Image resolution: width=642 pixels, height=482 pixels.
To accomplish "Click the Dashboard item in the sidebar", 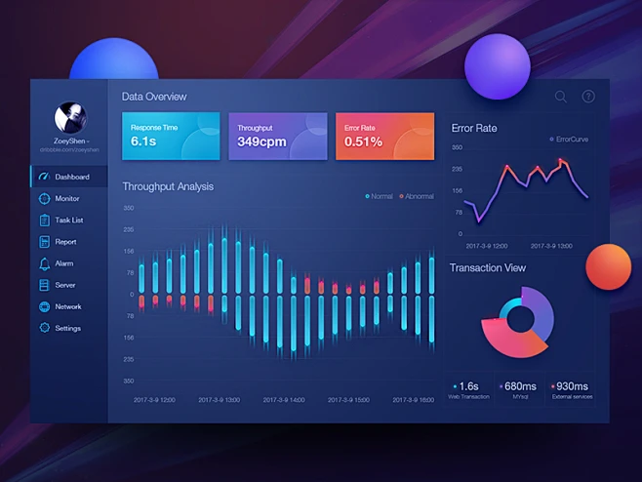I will tap(70, 177).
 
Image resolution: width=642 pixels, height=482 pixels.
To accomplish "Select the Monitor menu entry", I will tap(66, 198).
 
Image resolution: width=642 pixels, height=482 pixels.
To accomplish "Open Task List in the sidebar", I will tap(68, 221).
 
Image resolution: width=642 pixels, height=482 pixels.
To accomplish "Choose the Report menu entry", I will tap(64, 242).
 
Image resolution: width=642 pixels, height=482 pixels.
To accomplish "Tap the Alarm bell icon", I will tap(44, 263).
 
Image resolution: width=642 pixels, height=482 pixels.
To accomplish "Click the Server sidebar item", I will tap(64, 285).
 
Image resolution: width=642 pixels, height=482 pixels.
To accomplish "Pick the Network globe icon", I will tap(44, 306).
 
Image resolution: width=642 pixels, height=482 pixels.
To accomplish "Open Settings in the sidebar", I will tap(67, 328).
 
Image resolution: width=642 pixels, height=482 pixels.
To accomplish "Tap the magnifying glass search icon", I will tap(560, 97).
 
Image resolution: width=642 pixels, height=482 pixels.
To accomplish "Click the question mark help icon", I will tap(588, 97).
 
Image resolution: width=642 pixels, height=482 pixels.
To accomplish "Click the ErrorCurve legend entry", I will tap(571, 140).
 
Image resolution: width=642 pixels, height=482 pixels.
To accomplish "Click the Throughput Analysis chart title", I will tap(168, 186).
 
